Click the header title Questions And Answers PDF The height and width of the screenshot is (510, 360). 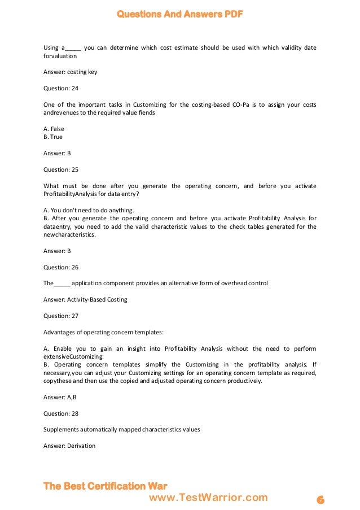point(180,14)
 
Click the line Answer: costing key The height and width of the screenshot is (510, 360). point(65,72)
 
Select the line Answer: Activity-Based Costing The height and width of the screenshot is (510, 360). point(85,299)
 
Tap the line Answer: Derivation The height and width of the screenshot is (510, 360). point(69,446)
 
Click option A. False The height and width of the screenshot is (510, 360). point(54,129)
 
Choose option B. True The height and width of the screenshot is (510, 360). point(53,137)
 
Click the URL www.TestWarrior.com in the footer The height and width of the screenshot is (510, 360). point(208,498)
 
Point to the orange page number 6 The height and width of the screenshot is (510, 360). point(320,500)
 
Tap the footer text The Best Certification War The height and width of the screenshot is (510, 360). point(105,486)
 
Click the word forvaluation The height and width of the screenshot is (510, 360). point(60,56)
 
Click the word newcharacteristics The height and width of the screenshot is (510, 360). point(67,234)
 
